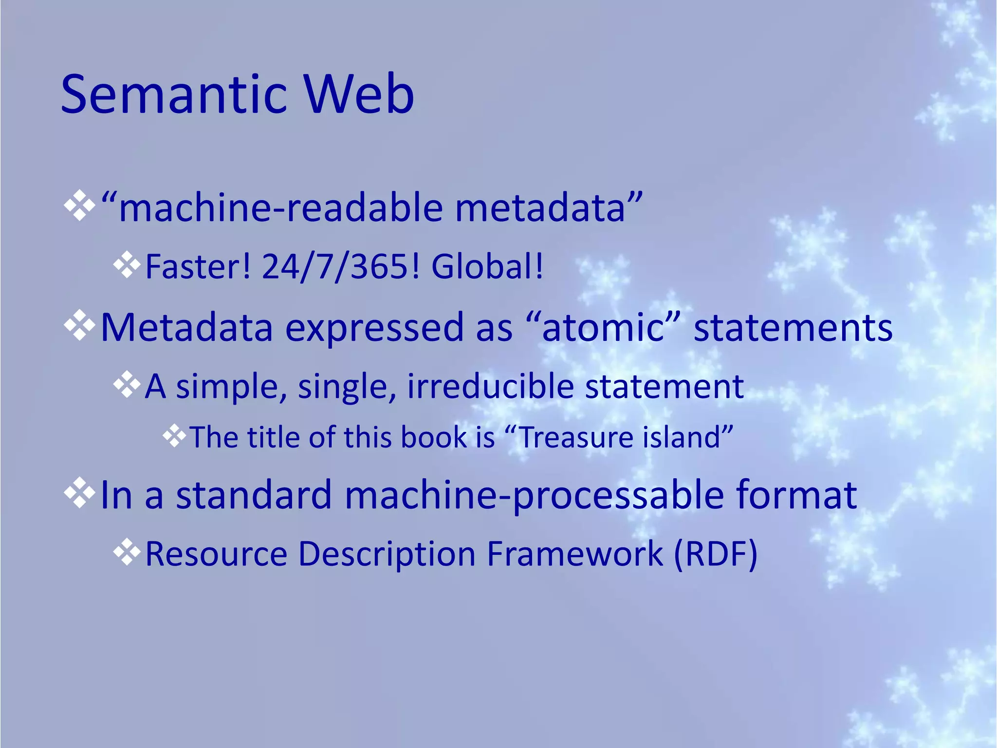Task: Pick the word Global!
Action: point(487,267)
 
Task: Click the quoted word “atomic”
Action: point(603,327)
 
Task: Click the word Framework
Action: point(575,554)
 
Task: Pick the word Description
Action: point(387,555)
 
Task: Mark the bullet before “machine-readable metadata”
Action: point(79,206)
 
